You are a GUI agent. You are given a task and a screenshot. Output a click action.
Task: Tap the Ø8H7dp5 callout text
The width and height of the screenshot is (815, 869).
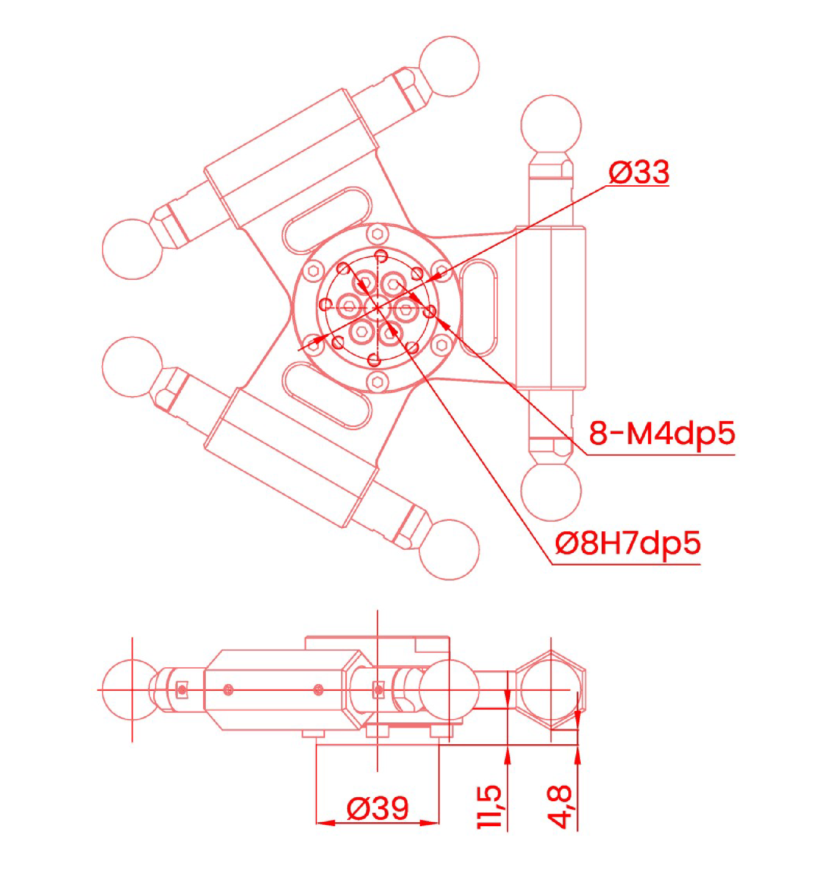628,543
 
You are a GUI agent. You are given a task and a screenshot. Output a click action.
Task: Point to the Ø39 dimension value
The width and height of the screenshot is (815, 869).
377,808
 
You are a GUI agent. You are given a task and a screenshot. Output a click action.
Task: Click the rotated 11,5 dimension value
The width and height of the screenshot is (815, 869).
489,807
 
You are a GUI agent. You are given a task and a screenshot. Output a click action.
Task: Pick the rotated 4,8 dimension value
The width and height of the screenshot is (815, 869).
559,807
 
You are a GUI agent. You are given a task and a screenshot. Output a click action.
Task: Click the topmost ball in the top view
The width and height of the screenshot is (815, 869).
449,66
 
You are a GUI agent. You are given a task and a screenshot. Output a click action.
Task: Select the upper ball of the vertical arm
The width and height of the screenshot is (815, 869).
551,125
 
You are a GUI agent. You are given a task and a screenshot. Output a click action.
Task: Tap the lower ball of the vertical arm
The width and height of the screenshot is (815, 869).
551,490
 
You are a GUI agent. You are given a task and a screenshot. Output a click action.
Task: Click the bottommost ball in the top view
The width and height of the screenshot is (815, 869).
449,550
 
